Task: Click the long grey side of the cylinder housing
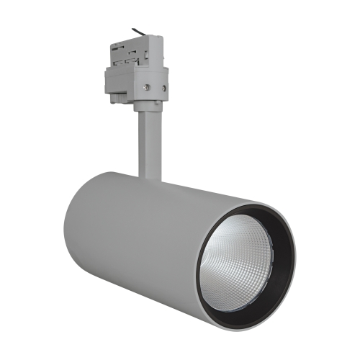144,238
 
